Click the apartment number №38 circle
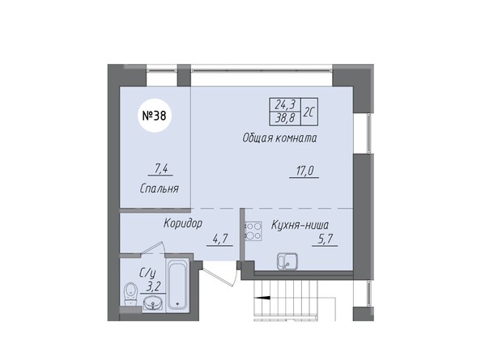[x=155, y=116]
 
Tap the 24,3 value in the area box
[x=285, y=105]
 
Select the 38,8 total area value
[x=285, y=118]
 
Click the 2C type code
[x=309, y=112]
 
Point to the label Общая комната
[x=279, y=138]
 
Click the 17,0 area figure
[x=304, y=171]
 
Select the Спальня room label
[x=160, y=188]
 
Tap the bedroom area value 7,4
[x=161, y=169]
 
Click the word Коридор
[x=183, y=223]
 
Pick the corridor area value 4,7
[x=219, y=239]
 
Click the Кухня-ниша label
[x=300, y=225]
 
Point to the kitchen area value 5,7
[x=326, y=239]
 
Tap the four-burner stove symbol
[x=253, y=231]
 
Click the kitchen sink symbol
[x=287, y=261]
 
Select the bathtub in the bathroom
[x=177, y=285]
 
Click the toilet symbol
[x=130, y=294]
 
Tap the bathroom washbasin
[x=153, y=304]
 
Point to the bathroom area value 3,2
[x=154, y=287]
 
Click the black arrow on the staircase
[x=262, y=297]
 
